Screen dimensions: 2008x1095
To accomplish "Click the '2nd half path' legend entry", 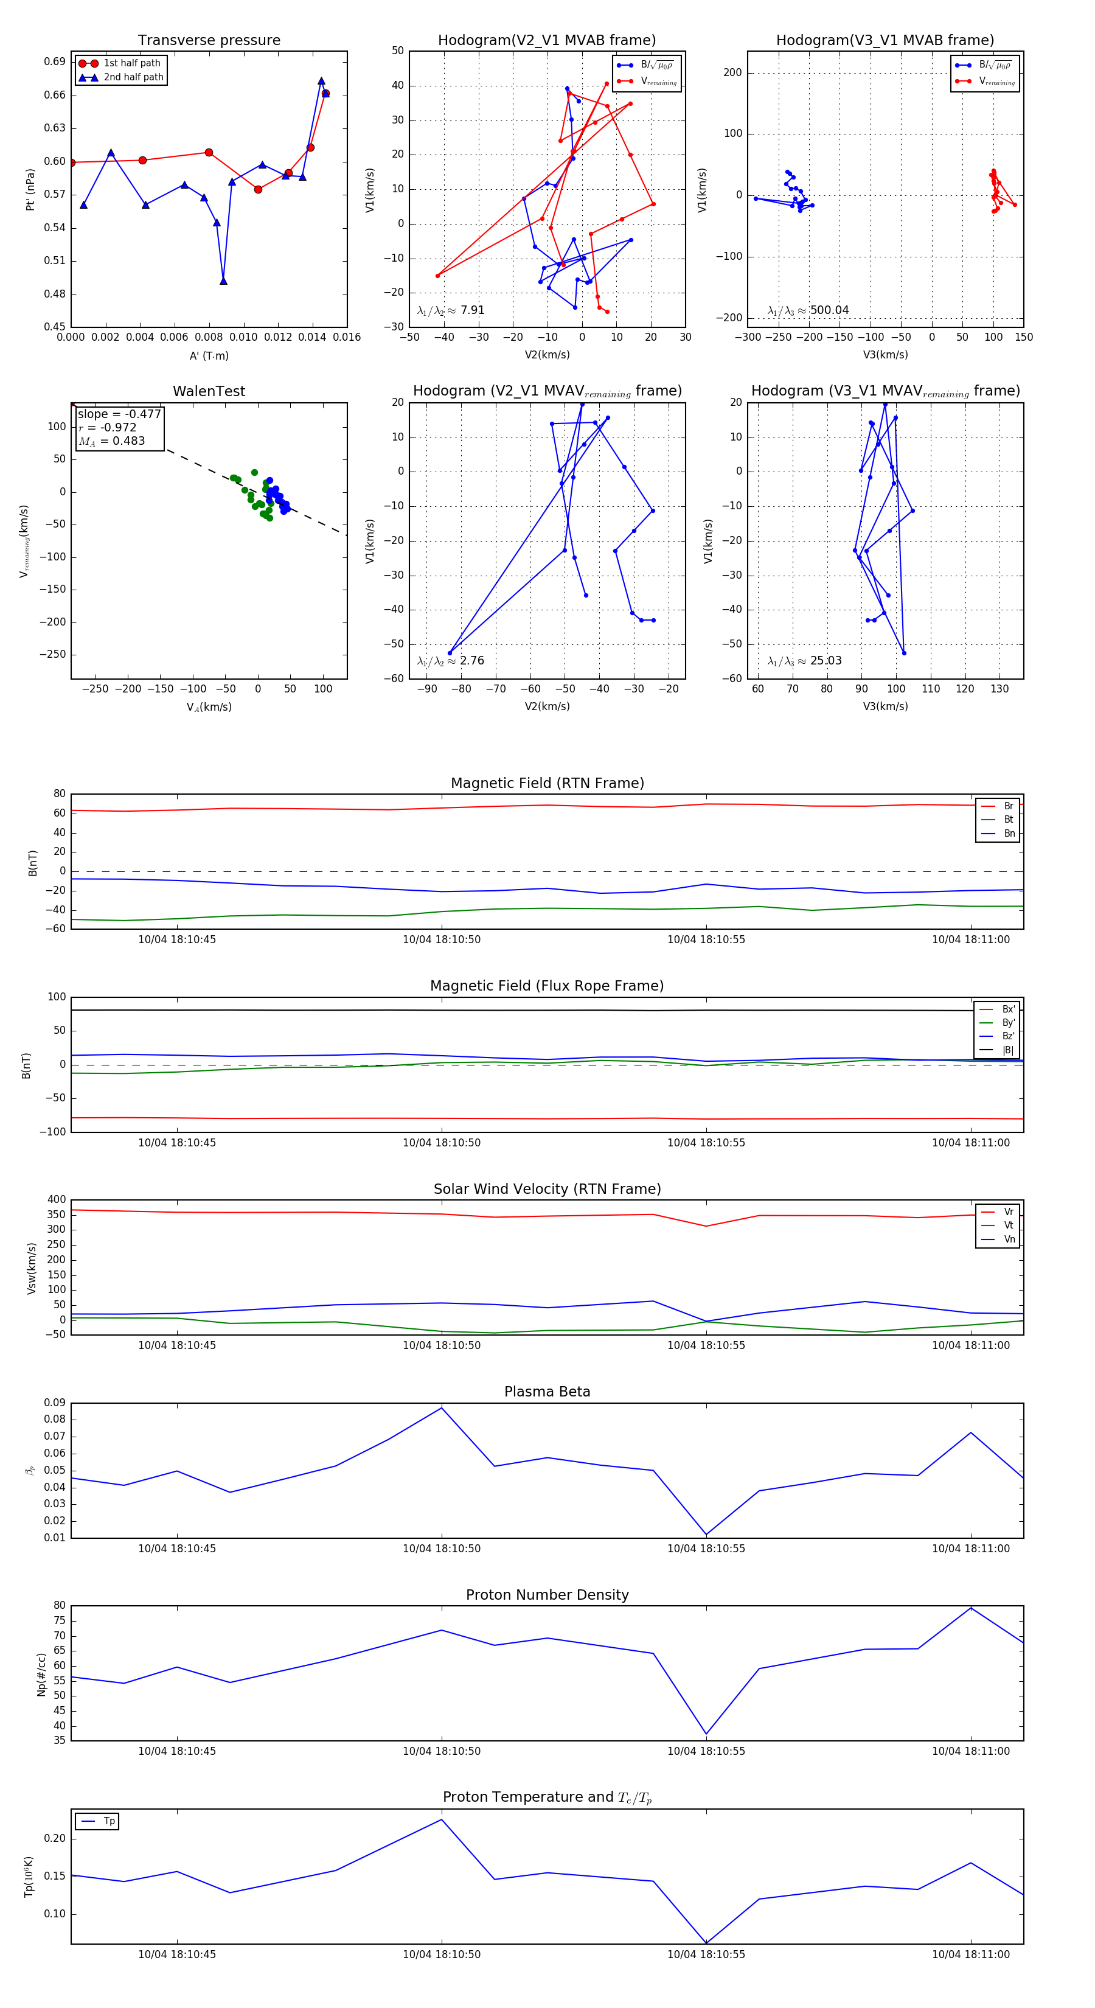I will (133, 77).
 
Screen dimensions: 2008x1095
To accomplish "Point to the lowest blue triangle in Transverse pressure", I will (224, 281).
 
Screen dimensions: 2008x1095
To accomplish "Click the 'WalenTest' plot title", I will (209, 391).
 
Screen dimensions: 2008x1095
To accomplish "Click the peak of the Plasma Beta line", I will (442, 1408).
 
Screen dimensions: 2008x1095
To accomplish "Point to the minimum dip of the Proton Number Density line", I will (706, 1734).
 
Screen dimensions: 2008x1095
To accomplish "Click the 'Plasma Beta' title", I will (547, 1392).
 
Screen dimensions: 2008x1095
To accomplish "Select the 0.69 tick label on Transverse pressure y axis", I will (55, 61).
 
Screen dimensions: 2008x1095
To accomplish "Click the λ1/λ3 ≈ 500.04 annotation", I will (808, 310).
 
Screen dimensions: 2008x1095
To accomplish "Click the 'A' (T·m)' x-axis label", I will (209, 355).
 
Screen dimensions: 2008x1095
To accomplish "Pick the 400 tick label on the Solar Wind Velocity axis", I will (56, 1200).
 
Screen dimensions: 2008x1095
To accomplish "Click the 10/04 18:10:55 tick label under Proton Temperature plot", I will (706, 1954).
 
